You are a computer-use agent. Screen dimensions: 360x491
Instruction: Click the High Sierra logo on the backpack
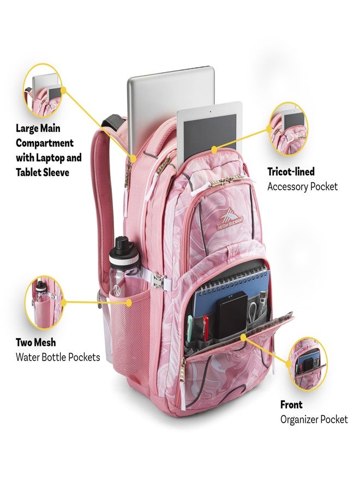230,219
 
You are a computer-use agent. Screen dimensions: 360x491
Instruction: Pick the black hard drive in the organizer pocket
232,315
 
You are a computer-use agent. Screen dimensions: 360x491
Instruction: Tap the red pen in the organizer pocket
205,328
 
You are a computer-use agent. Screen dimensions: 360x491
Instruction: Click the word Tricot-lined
291,172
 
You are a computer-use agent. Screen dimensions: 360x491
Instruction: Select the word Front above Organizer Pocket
291,405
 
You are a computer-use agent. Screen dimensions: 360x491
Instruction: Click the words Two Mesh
35,342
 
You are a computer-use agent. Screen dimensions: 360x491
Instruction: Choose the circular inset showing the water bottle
44,302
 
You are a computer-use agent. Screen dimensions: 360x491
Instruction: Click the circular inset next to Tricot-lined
289,129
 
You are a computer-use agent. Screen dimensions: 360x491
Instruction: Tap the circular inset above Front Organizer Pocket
308,364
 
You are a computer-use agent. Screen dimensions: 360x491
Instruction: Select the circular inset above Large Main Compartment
43,91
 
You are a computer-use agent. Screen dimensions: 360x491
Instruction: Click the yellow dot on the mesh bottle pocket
129,303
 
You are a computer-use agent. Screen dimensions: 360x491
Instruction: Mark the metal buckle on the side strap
158,280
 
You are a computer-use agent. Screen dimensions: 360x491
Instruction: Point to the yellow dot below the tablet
214,150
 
